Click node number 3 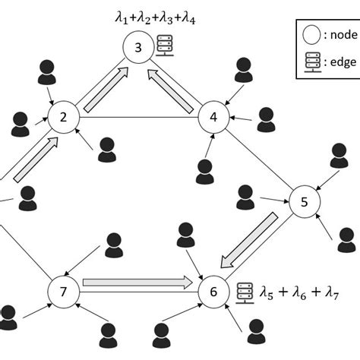point(138,49)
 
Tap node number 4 point(213,118)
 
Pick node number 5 point(304,202)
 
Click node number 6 point(213,290)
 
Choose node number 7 point(64,290)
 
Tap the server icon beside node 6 point(243,289)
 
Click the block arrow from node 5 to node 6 point(251,240)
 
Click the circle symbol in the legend point(310,33)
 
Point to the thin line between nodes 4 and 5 point(258,159)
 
